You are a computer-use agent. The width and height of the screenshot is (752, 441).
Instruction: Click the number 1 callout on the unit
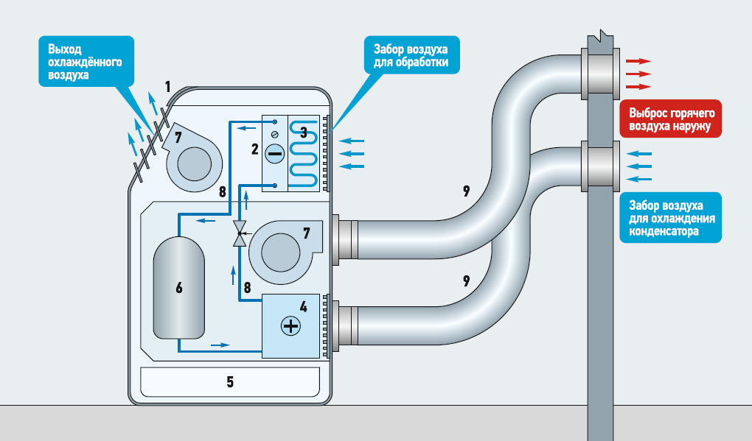coord(168,88)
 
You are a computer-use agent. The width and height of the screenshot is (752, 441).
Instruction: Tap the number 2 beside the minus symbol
coord(255,149)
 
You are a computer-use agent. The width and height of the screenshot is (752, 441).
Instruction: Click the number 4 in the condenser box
coord(303,303)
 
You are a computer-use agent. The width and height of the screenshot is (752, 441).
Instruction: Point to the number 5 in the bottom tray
coord(230,381)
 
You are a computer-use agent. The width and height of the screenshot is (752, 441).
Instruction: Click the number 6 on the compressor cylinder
coord(178,287)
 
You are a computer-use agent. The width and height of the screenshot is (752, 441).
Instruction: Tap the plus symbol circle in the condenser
coord(291,326)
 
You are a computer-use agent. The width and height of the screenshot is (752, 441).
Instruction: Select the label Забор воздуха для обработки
coord(411,57)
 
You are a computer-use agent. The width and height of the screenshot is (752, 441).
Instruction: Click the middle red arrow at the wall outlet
coord(638,74)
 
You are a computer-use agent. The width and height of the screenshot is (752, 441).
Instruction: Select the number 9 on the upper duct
coord(465,191)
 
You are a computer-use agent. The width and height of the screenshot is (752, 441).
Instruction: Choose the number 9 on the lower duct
coord(465,281)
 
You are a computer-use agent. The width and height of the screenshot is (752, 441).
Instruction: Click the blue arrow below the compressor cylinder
coord(220,344)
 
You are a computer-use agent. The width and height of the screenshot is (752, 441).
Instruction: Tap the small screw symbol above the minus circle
coord(274,134)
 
